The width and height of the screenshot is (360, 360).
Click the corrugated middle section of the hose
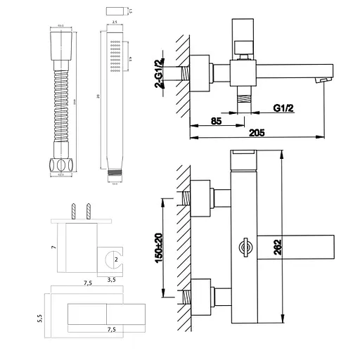tap(60, 98)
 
